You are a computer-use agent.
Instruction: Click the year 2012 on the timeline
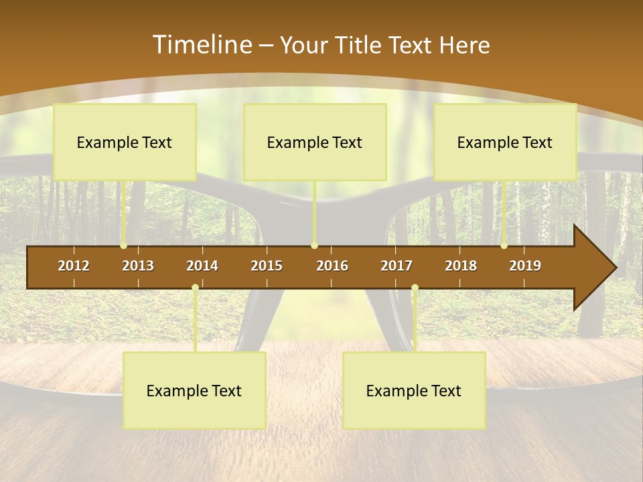click(74, 266)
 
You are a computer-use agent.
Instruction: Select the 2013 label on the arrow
click(138, 266)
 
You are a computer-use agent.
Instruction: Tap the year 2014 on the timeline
click(202, 266)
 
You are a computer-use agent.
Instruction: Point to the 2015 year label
click(267, 266)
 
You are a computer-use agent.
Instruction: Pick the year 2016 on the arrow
click(332, 266)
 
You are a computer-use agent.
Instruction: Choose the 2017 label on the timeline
click(397, 266)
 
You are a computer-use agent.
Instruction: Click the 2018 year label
click(461, 266)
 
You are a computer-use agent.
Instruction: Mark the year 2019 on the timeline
click(525, 266)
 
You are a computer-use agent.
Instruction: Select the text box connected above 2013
click(125, 142)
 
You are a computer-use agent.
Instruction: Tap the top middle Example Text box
click(315, 142)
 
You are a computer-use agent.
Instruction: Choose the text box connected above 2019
click(505, 142)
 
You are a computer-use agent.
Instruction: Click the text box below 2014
click(194, 390)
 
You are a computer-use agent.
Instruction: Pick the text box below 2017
click(414, 390)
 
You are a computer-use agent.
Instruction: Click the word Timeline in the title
click(202, 45)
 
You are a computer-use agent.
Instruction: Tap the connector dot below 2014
click(195, 288)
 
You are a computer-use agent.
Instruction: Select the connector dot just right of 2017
click(415, 288)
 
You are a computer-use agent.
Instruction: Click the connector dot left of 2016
click(314, 246)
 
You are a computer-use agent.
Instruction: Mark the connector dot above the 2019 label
click(504, 246)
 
